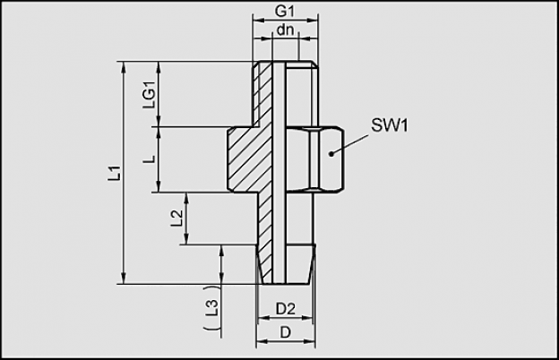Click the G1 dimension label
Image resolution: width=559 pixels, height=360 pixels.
click(285, 11)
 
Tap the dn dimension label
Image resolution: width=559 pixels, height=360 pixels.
click(285, 30)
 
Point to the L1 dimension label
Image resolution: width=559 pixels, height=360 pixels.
click(115, 173)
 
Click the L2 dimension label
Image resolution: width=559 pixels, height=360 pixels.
click(176, 219)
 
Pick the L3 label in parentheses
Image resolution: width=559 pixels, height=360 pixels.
click(211, 307)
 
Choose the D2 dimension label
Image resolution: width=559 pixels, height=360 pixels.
click(286, 309)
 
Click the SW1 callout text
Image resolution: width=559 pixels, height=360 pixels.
click(390, 125)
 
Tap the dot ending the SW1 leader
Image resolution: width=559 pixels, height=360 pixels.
click(331, 154)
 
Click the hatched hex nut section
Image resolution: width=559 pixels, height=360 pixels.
click(250, 159)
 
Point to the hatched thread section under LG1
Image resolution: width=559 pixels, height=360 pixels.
click(262, 93)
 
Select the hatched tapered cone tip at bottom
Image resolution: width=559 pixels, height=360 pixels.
click(265, 264)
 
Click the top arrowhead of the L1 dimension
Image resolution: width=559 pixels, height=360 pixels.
click(124, 67)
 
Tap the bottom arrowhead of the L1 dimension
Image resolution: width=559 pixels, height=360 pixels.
click(124, 279)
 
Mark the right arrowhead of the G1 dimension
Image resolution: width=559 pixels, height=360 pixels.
click(313, 21)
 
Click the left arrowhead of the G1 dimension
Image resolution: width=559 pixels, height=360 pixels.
click(258, 21)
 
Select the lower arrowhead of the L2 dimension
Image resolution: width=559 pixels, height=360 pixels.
click(185, 239)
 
